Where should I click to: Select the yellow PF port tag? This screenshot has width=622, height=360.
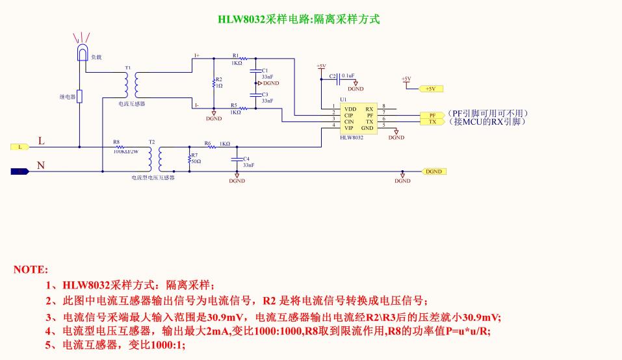[433, 114]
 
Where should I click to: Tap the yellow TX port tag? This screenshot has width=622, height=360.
[433, 122]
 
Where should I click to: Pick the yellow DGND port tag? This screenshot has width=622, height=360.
[434, 172]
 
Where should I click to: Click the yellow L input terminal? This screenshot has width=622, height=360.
[19, 147]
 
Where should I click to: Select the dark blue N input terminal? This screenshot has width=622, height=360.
[19, 172]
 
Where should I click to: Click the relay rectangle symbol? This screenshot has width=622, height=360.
[80, 97]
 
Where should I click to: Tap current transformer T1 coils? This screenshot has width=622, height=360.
[131, 84]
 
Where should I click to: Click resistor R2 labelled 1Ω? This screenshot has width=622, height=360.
[213, 83]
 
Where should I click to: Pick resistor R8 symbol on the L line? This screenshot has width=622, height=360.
[120, 147]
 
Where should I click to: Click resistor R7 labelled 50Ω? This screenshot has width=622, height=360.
[188, 159]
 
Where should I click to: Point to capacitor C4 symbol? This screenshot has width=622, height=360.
[237, 160]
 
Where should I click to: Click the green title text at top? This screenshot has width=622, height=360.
[298, 19]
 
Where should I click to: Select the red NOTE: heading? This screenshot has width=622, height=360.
[30, 269]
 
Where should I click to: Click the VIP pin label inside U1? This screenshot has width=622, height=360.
[349, 128]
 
